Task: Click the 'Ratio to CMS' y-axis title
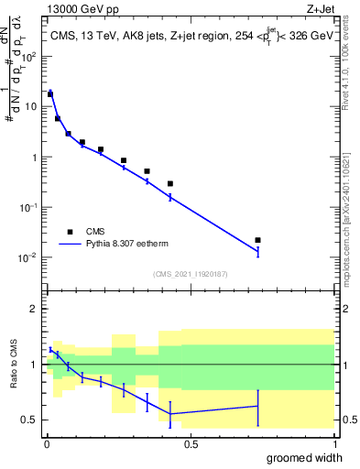click(x=14, y=365)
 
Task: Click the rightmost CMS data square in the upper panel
click(x=258, y=240)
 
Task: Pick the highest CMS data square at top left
click(x=50, y=94)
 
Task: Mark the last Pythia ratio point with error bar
click(x=258, y=406)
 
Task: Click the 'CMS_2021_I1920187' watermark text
click(x=189, y=273)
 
